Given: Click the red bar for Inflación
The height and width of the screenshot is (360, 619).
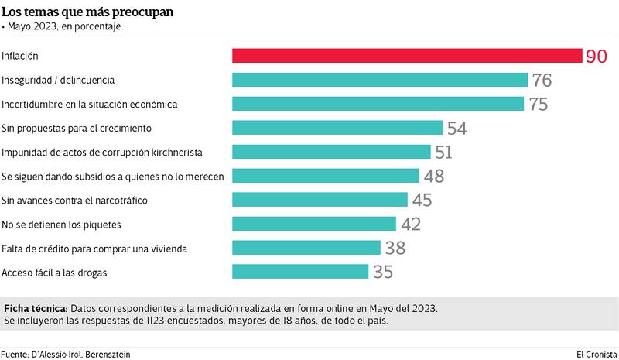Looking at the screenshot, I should pyautogui.click(x=407, y=56).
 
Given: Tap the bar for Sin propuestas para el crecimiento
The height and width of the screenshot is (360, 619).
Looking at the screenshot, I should pyautogui.click(x=337, y=128).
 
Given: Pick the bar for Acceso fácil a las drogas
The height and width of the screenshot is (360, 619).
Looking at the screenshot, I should pyautogui.click(x=300, y=272).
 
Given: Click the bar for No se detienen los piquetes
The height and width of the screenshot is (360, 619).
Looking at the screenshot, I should pyautogui.click(x=314, y=224).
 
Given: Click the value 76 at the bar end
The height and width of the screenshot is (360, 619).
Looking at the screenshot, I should pyautogui.click(x=541, y=80).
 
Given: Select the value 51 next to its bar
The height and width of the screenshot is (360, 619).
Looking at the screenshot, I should pyautogui.click(x=444, y=152).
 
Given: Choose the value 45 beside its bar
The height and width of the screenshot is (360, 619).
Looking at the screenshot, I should pyautogui.click(x=421, y=200).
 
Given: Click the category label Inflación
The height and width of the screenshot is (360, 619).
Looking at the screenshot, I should pyautogui.click(x=20, y=57).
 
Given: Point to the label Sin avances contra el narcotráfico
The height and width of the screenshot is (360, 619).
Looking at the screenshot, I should pyautogui.click(x=75, y=201).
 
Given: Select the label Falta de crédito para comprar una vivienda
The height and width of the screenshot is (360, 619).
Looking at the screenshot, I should pyautogui.click(x=94, y=249).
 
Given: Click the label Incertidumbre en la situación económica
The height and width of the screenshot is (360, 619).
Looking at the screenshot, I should pyautogui.click(x=90, y=104).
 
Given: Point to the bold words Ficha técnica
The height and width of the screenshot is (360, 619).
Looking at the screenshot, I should pyautogui.click(x=36, y=307).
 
